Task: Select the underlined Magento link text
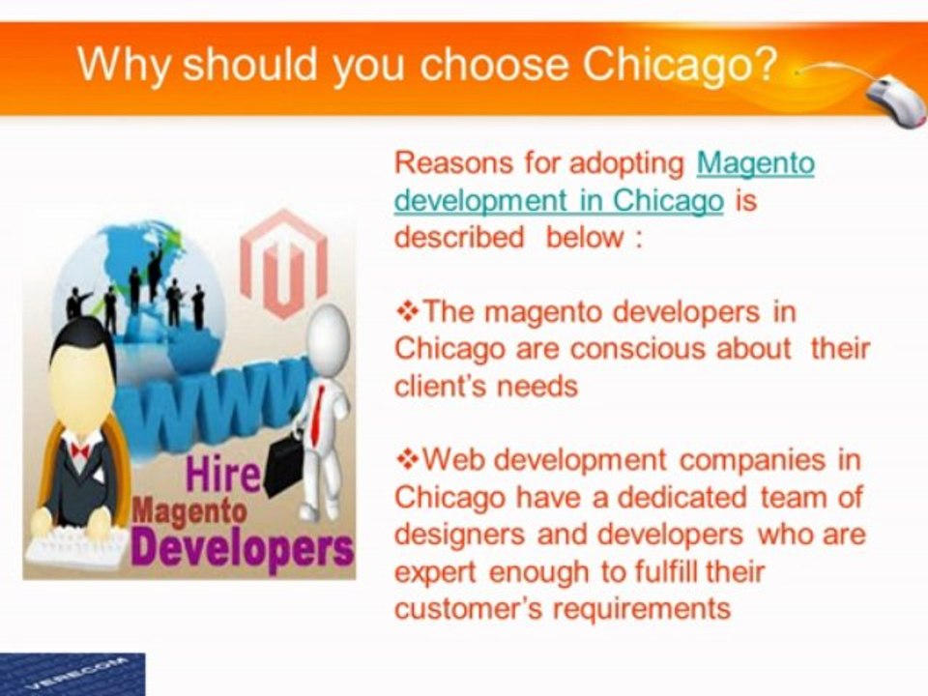[x=756, y=162]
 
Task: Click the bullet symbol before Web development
[x=407, y=460]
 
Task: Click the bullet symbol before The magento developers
[x=407, y=311]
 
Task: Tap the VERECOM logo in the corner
[x=72, y=674]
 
